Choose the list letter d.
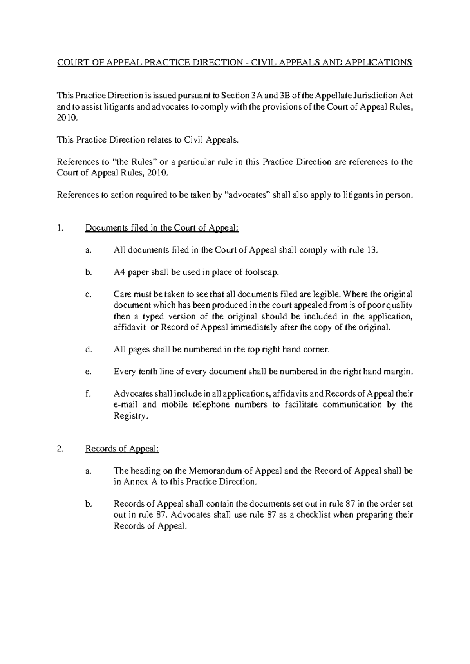pyautogui.click(x=88, y=350)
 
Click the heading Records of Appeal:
pyautogui.click(x=122, y=449)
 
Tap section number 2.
pyautogui.click(x=59, y=449)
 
